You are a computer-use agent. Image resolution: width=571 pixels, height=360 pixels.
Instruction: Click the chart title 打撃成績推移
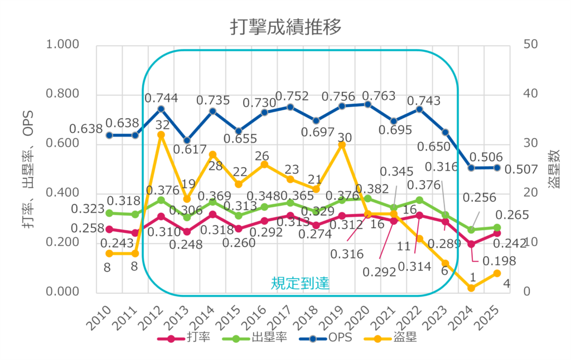pos(285,27)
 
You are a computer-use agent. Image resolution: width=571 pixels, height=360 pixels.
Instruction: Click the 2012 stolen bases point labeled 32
pos(161,134)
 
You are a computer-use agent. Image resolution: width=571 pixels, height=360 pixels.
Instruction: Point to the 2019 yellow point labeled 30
pos(342,145)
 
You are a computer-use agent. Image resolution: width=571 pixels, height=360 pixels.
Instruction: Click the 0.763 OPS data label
pos(381,95)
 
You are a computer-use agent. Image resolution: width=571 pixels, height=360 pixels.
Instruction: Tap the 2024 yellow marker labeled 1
pos(471,288)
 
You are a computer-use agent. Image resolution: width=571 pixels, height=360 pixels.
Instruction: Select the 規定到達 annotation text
pos(300,283)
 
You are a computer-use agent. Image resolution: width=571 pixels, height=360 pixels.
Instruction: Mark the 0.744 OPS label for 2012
pos(161,98)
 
